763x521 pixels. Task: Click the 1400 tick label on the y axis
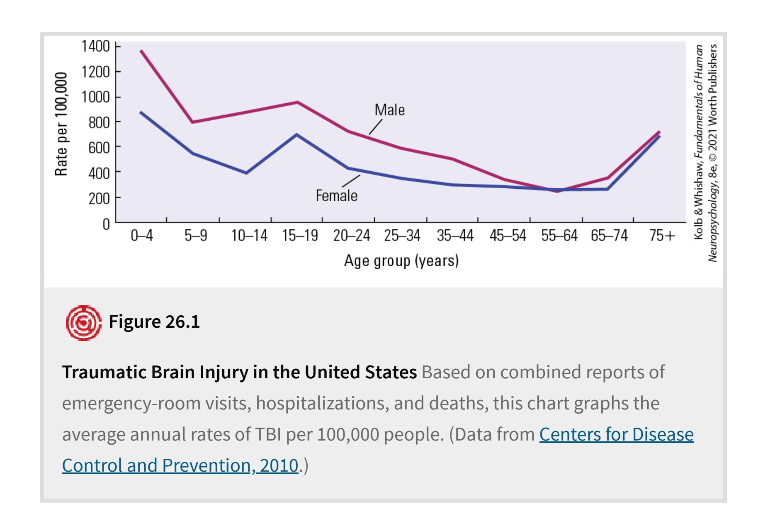coord(95,46)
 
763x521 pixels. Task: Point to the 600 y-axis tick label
coord(99,148)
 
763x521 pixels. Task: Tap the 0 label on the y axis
coord(107,224)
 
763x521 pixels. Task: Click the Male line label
coord(389,110)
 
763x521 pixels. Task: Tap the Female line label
coord(336,195)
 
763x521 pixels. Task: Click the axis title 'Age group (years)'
coord(401,261)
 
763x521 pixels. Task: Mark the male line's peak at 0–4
coord(141,51)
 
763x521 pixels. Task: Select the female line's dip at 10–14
coord(246,173)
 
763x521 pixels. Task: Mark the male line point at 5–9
coord(193,122)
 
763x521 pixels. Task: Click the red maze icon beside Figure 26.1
coord(83,323)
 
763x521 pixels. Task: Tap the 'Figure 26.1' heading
coord(154,322)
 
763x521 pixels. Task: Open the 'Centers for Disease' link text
coord(616,434)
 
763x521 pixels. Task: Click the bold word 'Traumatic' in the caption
coord(104,372)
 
